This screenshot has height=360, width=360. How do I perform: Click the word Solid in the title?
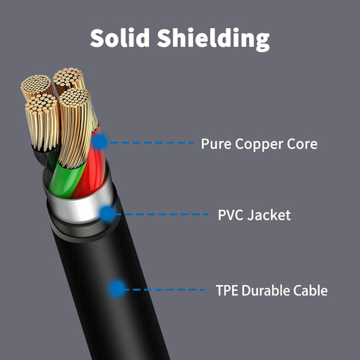tap(120, 37)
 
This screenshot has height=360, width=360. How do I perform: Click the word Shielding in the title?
tap(213, 39)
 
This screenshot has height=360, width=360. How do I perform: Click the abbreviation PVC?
tap(231, 215)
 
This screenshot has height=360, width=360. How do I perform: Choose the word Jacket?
tap(269, 215)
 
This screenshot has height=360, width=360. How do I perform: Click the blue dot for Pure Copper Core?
tap(100, 142)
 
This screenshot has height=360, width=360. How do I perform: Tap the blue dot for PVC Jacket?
tap(107, 214)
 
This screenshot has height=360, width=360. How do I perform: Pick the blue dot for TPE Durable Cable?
tap(118, 289)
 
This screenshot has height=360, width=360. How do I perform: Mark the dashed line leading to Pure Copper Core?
tap(151, 143)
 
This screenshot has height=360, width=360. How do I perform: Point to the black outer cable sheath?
tap(108, 294)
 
